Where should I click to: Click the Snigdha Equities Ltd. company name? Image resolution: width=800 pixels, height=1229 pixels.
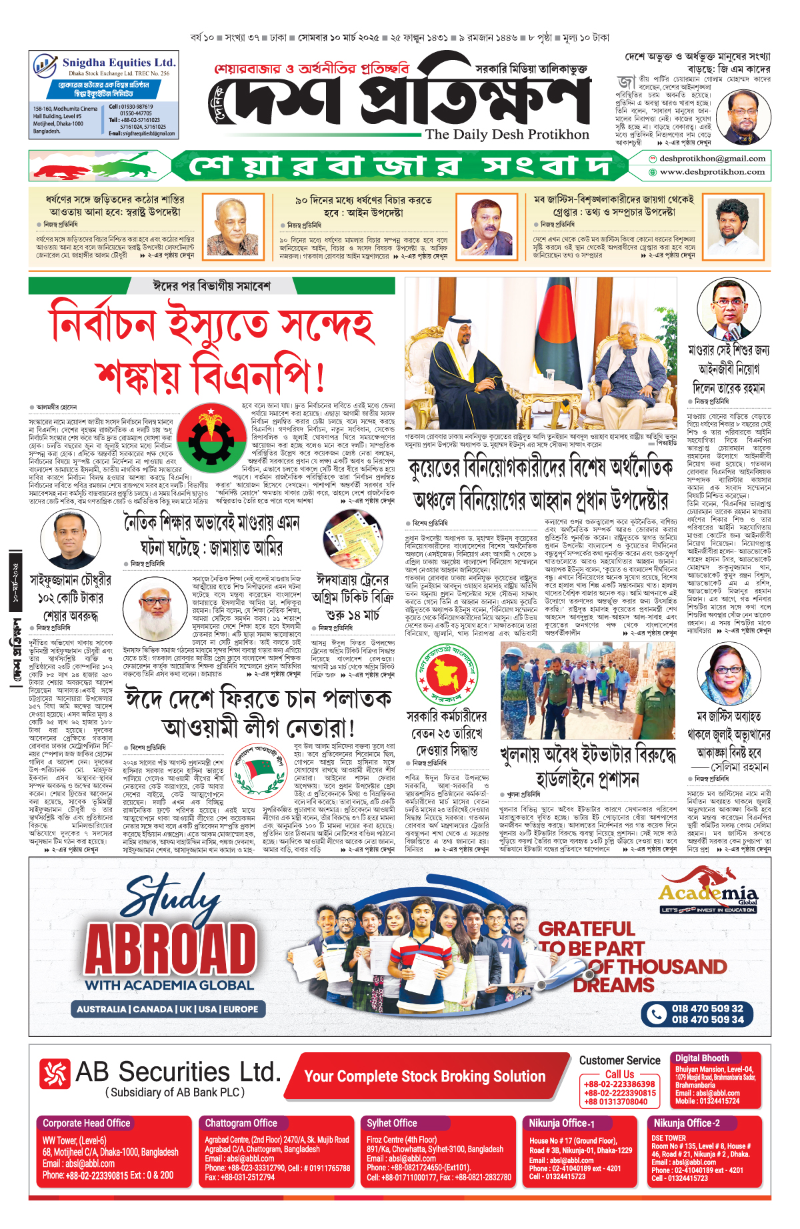[119, 62]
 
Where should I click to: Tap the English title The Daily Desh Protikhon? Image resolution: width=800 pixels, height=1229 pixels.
[507, 134]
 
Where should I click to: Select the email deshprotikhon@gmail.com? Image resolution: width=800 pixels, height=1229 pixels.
[703, 159]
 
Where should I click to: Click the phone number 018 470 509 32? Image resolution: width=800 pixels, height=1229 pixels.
[707, 1008]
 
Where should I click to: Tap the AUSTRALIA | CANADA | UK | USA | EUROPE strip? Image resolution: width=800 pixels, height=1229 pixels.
[167, 1009]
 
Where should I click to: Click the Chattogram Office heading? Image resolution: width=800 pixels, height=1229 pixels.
[241, 1124]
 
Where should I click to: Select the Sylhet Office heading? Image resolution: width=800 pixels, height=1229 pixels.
[392, 1124]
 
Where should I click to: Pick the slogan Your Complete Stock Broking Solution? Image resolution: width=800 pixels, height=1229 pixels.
[425, 1076]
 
